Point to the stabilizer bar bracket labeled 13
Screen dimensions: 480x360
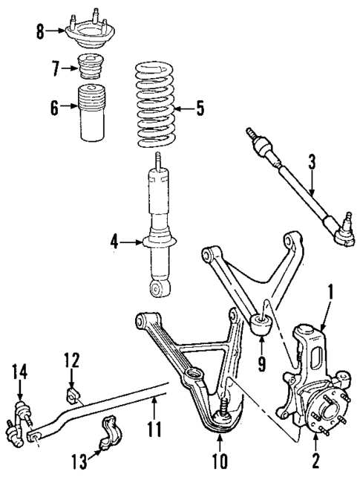[x=112, y=436]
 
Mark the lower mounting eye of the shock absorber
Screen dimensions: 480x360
[x=157, y=287]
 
